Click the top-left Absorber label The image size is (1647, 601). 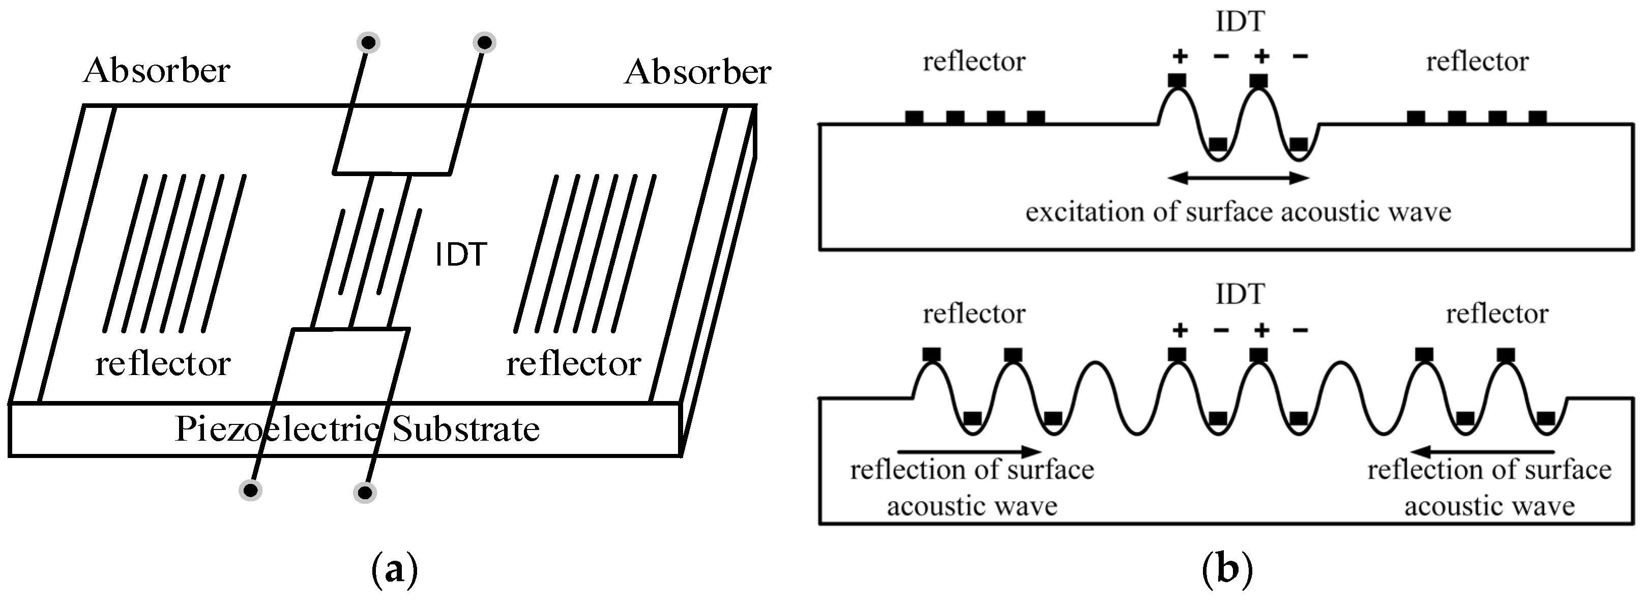[156, 70]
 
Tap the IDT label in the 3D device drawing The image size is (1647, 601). [460, 254]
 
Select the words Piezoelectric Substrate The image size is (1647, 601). [357, 429]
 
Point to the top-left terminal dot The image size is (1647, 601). [368, 43]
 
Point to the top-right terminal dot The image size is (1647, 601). [485, 43]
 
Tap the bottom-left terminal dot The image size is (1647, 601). [251, 491]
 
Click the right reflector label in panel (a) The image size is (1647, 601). [574, 364]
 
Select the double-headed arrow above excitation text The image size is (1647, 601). [1239, 178]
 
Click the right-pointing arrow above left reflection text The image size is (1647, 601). [970, 451]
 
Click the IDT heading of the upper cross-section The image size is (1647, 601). [1240, 22]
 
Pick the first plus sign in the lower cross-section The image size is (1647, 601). [1180, 331]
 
